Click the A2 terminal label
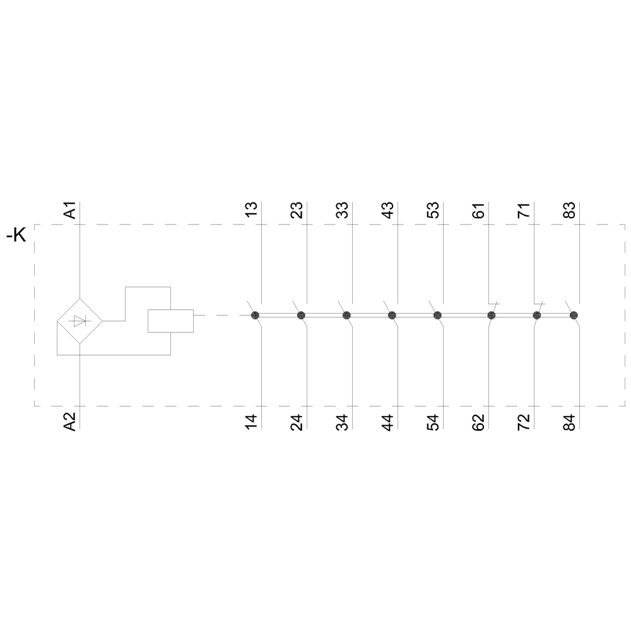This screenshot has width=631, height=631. point(70,422)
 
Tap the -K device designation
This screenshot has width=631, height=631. point(16,235)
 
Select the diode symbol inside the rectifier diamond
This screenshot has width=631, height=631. point(80,321)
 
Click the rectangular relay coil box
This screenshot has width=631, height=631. point(170,321)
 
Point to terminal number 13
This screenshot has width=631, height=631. point(251,210)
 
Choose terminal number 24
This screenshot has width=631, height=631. point(297,422)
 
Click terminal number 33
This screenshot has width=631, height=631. point(342,210)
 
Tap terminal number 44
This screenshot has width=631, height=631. point(387,422)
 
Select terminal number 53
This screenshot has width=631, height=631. point(433,210)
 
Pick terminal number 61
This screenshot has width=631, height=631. point(478,210)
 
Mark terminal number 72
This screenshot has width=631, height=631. point(524,422)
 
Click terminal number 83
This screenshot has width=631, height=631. point(569,210)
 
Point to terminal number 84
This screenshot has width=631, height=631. point(569,422)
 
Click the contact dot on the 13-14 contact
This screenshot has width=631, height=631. point(255,315)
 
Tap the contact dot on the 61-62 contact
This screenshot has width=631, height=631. point(492,315)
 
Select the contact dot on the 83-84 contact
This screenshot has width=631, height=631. point(574,315)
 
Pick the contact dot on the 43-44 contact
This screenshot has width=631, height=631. point(392,315)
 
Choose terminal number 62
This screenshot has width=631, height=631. point(478,422)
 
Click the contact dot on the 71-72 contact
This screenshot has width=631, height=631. point(537,315)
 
